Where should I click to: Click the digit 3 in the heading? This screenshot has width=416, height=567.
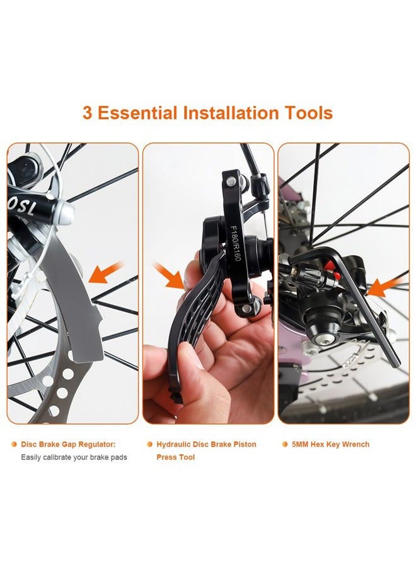tap(87, 113)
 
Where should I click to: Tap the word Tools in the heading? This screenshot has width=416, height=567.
tap(309, 113)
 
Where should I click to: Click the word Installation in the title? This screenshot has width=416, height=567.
tap(231, 113)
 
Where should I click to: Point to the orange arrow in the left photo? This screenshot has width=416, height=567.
tap(105, 273)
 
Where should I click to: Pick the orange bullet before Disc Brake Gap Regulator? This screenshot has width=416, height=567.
tap(14, 444)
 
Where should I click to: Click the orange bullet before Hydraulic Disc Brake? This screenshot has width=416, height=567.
tap(150, 444)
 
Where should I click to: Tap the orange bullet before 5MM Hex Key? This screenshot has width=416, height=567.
tap(285, 444)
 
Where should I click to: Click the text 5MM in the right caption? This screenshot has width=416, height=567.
tap(300, 444)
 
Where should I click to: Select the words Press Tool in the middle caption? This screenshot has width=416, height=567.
tap(175, 457)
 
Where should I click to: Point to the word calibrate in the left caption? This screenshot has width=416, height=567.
tap(57, 457)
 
